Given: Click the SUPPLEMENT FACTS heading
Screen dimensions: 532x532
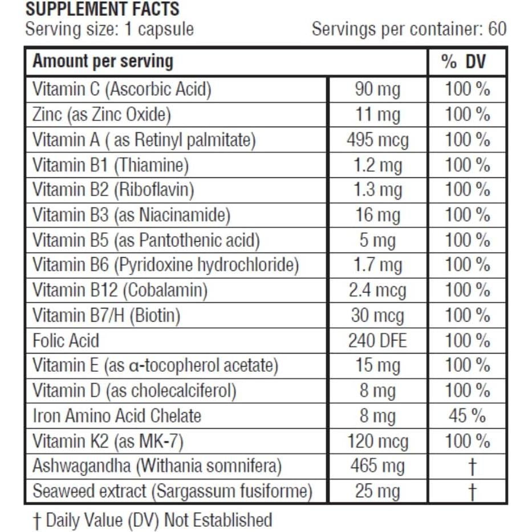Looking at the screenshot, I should [x=103, y=9].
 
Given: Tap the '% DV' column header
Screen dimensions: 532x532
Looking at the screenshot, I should [x=467, y=62].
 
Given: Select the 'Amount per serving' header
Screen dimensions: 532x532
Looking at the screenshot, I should [x=103, y=62].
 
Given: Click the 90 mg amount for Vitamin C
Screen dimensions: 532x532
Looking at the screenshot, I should [x=377, y=90].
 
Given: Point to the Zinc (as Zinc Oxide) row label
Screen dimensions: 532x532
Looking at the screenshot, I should [x=101, y=115].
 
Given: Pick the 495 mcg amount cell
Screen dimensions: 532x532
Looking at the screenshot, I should [x=377, y=140].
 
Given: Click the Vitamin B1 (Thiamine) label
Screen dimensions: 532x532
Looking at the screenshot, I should [x=110, y=165].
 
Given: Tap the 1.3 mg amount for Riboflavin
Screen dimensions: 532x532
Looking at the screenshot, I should [x=377, y=190].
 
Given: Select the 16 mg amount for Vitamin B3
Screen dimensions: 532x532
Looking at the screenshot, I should [x=377, y=216].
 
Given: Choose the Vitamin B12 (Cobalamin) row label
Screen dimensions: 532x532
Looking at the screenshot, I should [x=120, y=291].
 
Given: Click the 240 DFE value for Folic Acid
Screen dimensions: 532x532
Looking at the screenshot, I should [x=377, y=341].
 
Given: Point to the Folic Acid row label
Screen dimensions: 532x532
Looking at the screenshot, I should [x=66, y=341].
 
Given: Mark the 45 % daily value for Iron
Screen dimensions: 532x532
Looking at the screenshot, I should [x=467, y=416].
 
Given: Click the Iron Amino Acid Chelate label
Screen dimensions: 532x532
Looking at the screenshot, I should [x=117, y=416].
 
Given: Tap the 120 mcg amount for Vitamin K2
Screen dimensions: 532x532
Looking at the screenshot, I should [x=377, y=441].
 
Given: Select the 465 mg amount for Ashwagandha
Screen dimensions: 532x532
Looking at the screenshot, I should [x=377, y=466].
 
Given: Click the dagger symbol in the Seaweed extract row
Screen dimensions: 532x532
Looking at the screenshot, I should [x=471, y=492].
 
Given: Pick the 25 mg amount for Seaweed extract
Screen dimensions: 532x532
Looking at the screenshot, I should [x=377, y=492].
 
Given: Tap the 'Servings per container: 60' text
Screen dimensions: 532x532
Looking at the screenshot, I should [x=409, y=29].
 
